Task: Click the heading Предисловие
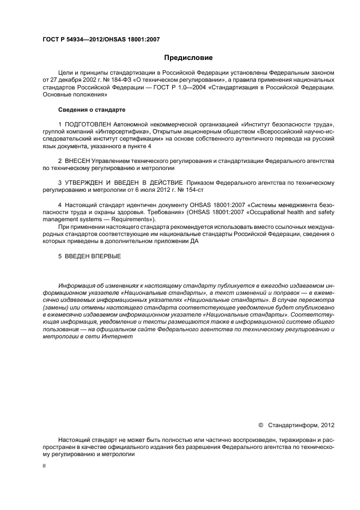(x=188, y=58)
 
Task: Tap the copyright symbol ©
(x=260, y=425)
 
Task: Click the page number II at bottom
(x=44, y=466)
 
